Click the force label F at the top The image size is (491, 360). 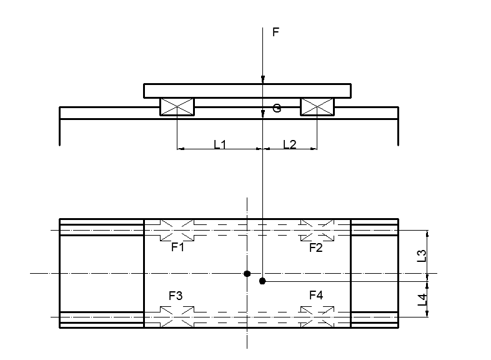coord(275,32)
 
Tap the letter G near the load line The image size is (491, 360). coord(277,108)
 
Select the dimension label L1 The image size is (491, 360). coord(220,144)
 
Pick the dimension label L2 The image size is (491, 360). coord(290,144)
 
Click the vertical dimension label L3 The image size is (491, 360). coord(422,256)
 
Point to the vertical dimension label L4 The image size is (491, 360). coord(422,299)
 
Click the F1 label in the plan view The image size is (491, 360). coord(177,247)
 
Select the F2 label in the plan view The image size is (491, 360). coord(315,248)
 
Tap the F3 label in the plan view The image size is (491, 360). coord(176,296)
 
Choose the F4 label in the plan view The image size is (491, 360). coord(316,295)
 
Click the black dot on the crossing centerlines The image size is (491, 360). coord(247,274)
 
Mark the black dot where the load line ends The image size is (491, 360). coord(262,281)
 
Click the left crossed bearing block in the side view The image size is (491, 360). coord(177,107)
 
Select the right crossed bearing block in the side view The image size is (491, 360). coord(317,107)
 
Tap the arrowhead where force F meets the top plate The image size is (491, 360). coord(263,79)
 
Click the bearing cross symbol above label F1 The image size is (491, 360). coord(177,230)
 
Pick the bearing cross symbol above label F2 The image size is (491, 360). coord(317,230)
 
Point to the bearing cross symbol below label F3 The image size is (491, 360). coord(177,317)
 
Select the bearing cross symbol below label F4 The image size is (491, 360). coord(317,317)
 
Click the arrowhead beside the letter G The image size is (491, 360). coord(263,114)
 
